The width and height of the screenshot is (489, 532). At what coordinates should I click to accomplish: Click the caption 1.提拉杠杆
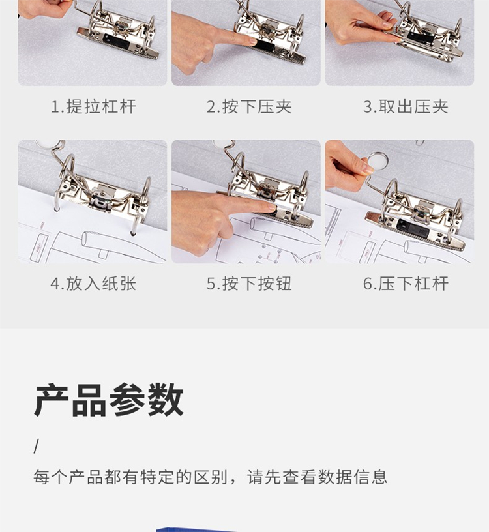pos(93,107)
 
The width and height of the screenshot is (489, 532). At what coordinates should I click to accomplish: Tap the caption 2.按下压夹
pos(250,107)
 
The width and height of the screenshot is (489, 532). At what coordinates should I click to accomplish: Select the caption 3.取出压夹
pos(406,107)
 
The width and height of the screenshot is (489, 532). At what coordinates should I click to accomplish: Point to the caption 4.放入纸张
pos(93,284)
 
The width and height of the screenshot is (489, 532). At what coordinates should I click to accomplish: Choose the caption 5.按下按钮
pos(250,284)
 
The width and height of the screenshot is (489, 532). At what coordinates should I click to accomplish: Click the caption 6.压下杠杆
pos(406,284)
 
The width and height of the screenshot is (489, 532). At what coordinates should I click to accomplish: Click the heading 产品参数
pos(109,400)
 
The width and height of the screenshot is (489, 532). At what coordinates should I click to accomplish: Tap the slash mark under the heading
pos(37,446)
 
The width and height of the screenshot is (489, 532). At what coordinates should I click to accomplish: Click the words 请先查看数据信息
pos(317,477)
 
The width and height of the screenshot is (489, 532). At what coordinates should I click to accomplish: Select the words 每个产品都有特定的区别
pos(130,477)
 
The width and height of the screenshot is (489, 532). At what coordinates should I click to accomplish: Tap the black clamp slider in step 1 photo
pos(117,41)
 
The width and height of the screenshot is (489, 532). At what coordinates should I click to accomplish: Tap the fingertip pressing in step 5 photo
pos(271,206)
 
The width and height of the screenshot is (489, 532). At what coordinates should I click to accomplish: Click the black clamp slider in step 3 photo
pos(421,37)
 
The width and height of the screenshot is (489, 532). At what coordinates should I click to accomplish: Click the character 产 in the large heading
pos(53,400)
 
